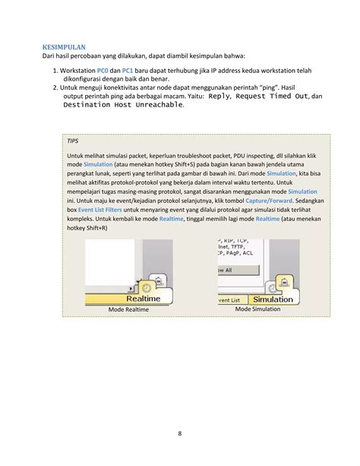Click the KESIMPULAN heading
click(64, 47)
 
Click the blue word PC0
click(103, 71)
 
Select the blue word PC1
click(128, 71)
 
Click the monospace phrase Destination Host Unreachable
click(123, 105)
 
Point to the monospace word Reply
click(219, 97)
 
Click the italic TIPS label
click(72, 141)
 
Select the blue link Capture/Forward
click(269, 201)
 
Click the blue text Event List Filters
click(99, 210)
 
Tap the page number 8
click(180, 433)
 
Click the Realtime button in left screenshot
click(144, 299)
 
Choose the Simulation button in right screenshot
click(273, 300)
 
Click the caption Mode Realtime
click(128, 309)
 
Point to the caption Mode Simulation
click(257, 309)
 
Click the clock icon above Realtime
click(146, 287)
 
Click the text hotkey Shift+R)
click(87, 228)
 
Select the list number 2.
click(55, 87)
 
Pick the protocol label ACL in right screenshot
click(248, 253)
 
